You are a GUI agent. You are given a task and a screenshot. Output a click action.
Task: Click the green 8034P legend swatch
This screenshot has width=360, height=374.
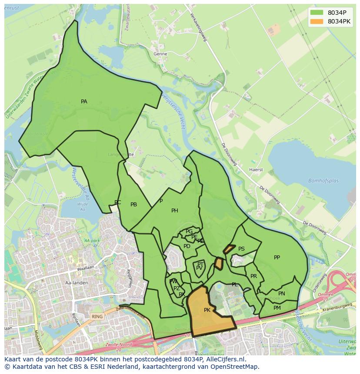(317, 13)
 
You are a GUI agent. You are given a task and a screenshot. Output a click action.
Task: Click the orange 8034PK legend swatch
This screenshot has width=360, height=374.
(317, 21)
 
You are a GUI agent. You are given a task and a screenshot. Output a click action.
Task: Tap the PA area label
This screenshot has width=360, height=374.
(84, 102)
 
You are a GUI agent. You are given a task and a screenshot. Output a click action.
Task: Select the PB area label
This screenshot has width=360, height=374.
(134, 205)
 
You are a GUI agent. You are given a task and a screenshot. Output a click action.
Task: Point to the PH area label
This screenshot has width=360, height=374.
(175, 211)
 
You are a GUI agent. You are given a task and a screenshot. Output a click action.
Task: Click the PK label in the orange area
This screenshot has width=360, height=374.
(207, 310)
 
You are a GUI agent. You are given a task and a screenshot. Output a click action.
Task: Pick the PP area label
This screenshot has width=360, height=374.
(277, 258)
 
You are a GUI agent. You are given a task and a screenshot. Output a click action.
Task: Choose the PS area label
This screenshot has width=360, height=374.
(241, 249)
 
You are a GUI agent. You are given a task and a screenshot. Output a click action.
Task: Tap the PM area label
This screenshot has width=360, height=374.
(277, 308)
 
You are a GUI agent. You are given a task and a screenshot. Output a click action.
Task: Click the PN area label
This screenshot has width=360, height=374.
(282, 294)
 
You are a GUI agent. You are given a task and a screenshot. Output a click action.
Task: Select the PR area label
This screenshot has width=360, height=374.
(253, 276)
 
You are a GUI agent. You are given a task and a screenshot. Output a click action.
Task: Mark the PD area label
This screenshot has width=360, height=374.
(187, 246)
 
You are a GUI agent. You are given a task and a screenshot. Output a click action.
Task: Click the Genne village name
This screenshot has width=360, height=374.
(160, 54)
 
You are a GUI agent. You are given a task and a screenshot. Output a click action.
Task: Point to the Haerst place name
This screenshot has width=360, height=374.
(256, 170)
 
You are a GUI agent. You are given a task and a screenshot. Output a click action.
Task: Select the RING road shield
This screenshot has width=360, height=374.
(97, 317)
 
